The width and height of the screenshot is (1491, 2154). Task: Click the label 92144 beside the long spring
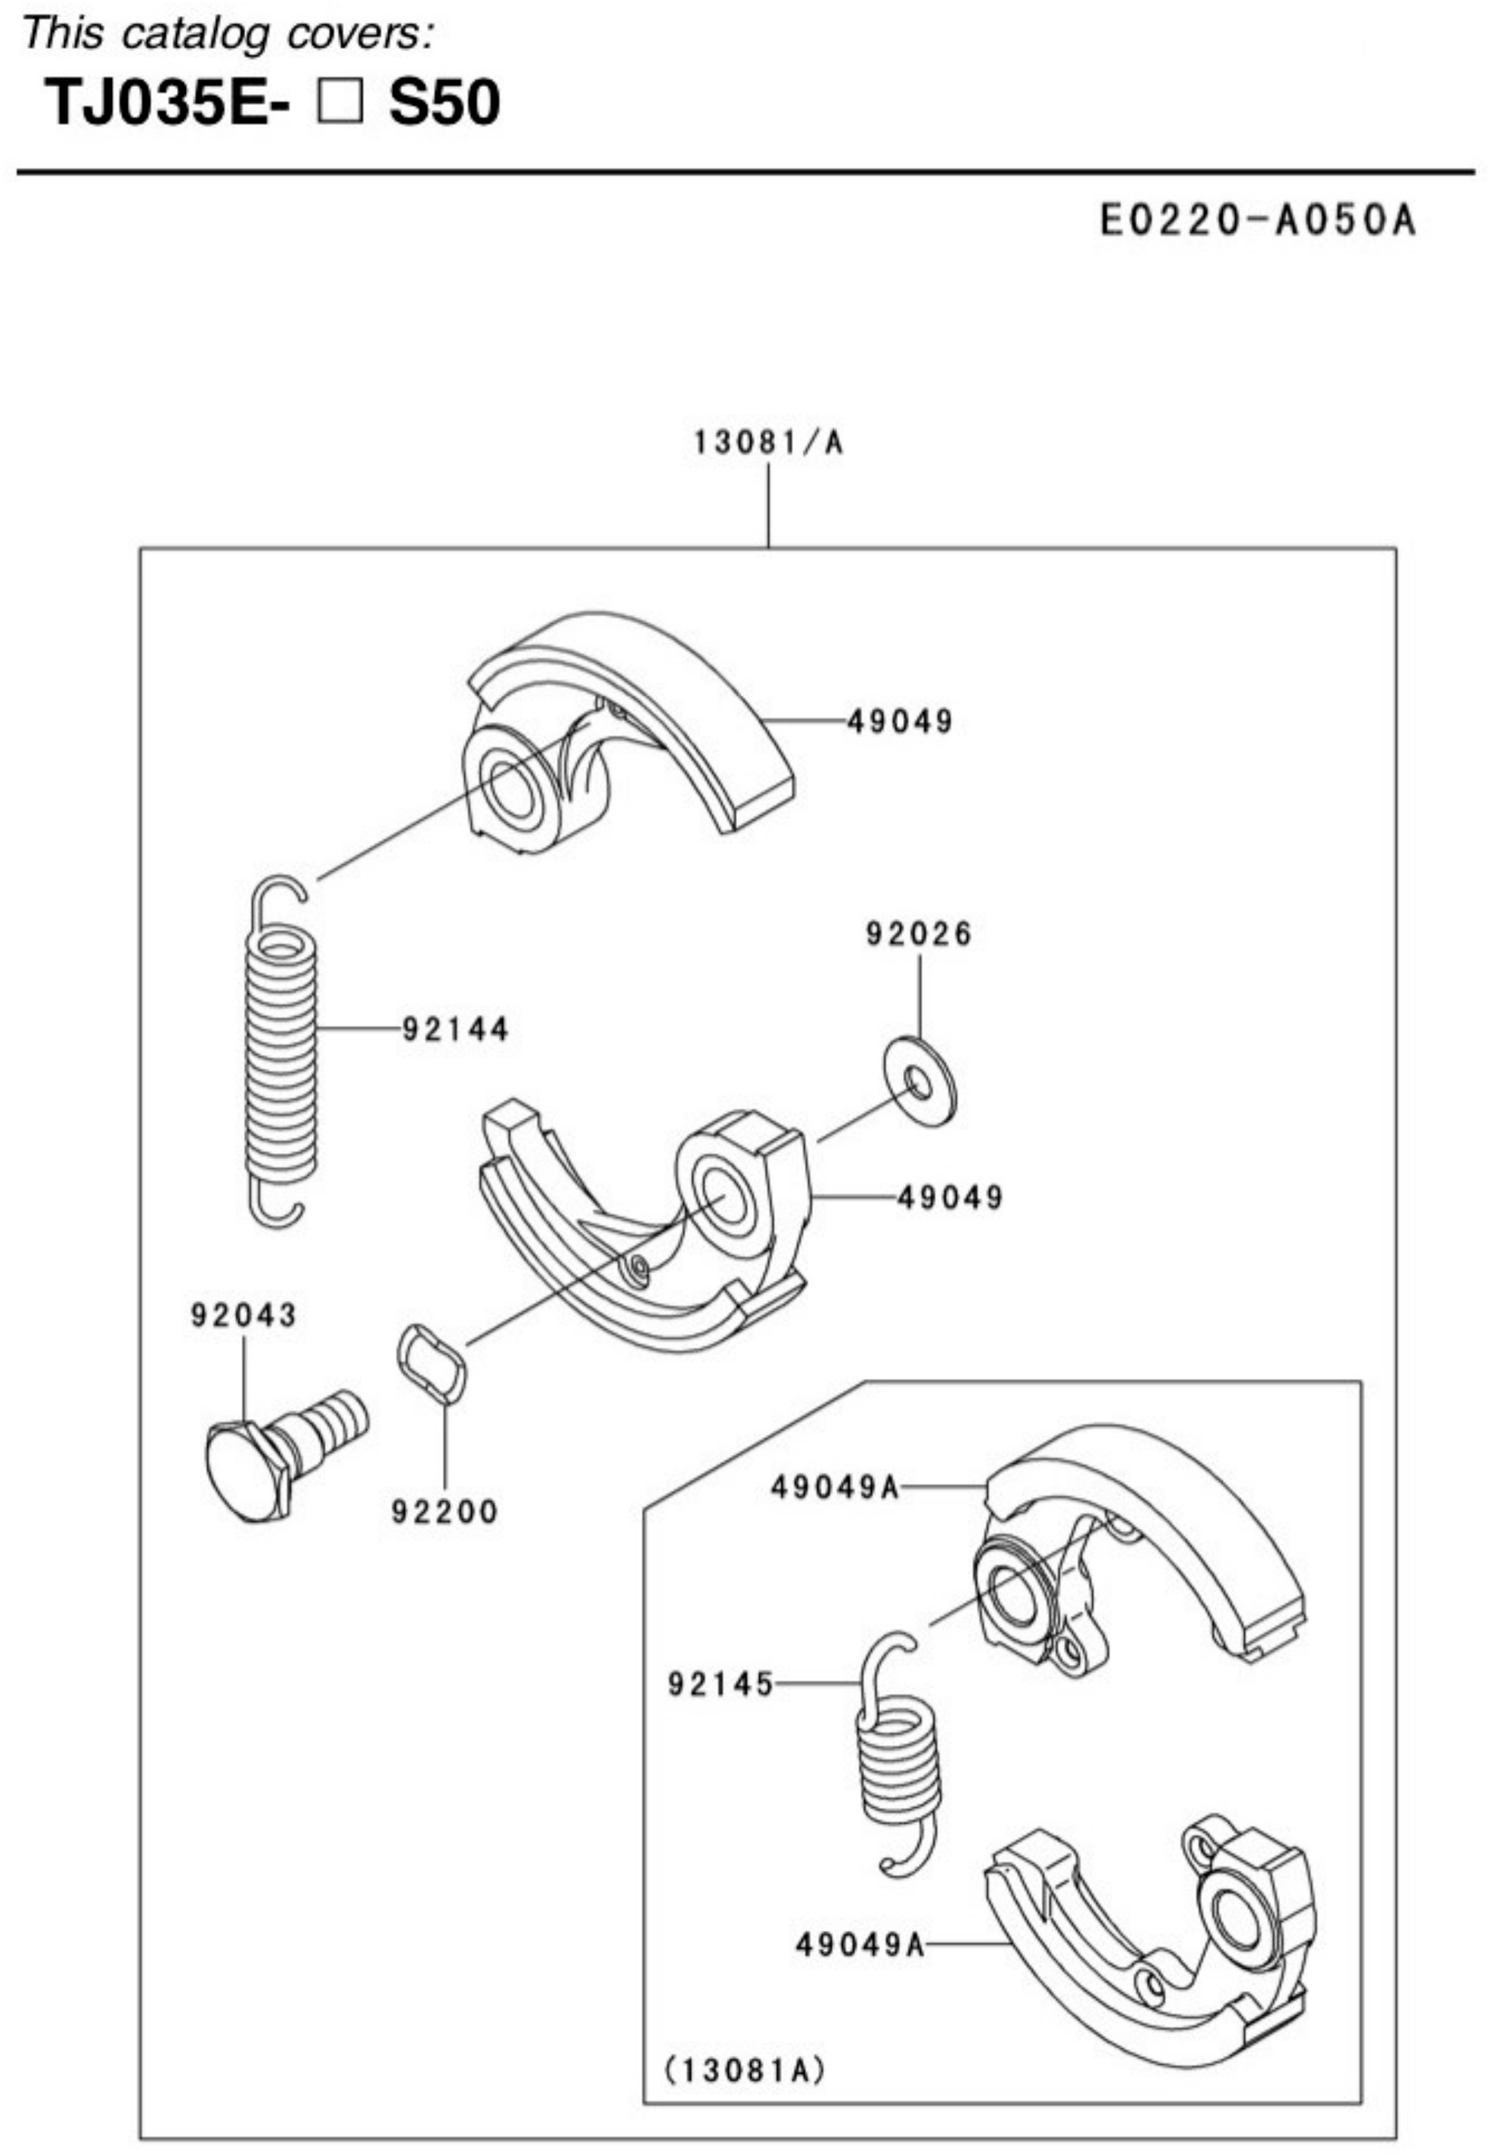(x=456, y=1030)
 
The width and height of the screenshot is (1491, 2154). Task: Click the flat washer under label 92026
(x=920, y=1080)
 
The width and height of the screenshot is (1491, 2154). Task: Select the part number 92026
(x=919, y=933)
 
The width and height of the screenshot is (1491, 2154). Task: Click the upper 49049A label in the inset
(x=835, y=1487)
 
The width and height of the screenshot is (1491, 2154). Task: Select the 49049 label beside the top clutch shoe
(x=901, y=721)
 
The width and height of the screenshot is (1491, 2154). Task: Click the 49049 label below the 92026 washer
(x=950, y=1197)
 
